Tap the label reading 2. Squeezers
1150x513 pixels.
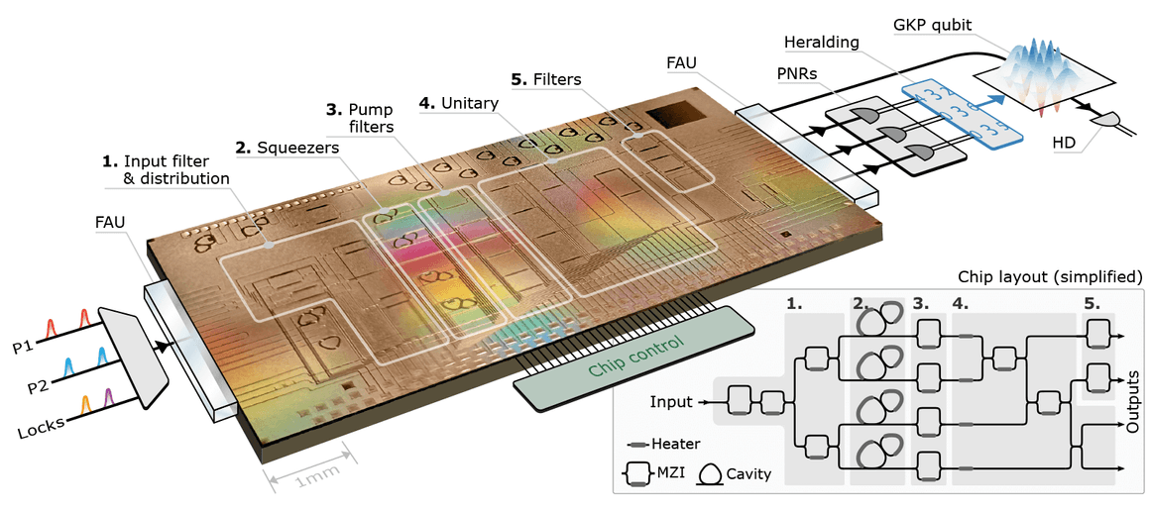287,148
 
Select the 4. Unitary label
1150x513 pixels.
458,102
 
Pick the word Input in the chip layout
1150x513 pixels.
672,402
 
